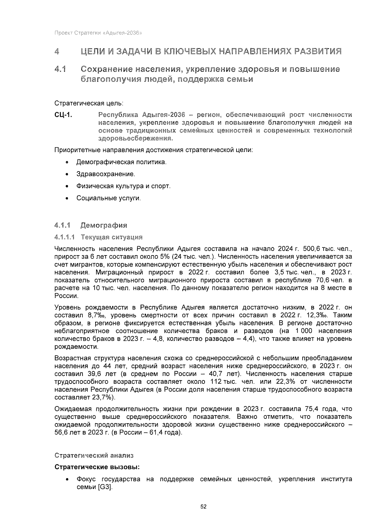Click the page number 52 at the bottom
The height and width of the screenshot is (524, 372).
(x=203, y=507)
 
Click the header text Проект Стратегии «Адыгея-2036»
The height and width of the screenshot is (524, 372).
(x=98, y=33)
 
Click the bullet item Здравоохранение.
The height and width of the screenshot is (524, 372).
(x=106, y=174)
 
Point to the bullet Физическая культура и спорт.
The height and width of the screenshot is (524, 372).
(x=123, y=186)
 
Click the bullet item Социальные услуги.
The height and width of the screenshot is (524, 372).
(x=108, y=198)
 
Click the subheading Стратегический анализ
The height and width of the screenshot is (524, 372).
(x=94, y=455)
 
